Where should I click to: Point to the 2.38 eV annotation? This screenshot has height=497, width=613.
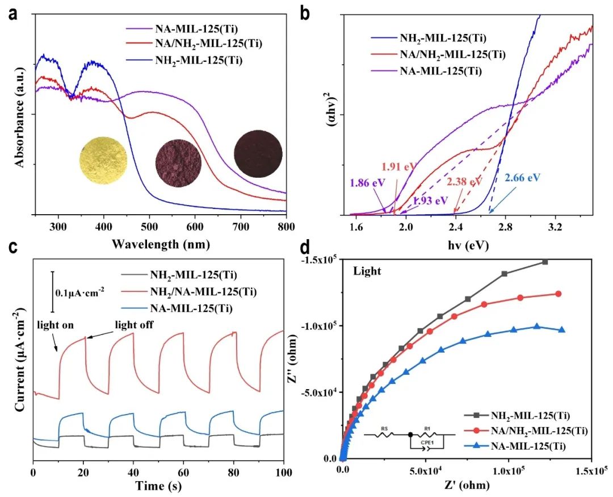pos(463,182)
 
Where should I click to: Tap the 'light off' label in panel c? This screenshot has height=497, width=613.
pos(134,325)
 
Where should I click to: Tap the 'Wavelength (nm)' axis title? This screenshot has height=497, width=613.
pos(161,245)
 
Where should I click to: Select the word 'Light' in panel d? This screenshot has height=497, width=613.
pos(367,271)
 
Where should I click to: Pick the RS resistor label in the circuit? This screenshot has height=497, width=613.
pos(385,429)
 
